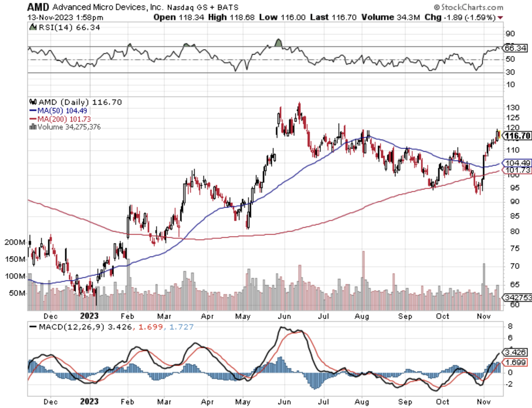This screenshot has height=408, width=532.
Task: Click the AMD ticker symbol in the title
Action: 38,7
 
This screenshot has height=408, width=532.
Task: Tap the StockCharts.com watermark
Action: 469,7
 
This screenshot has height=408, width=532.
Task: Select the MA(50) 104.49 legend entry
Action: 58,111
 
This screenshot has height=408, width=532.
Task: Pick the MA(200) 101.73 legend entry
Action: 60,119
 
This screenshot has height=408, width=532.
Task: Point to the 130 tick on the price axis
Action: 513,107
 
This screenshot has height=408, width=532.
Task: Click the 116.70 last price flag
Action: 517,136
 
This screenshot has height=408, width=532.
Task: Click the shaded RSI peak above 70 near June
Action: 279,43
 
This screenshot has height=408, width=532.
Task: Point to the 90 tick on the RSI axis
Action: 510,34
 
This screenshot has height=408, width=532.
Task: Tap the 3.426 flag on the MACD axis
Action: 516,352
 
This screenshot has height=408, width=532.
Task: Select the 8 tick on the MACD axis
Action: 510,326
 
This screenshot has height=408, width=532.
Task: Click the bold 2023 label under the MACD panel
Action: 89,402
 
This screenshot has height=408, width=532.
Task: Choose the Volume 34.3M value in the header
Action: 390,17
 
